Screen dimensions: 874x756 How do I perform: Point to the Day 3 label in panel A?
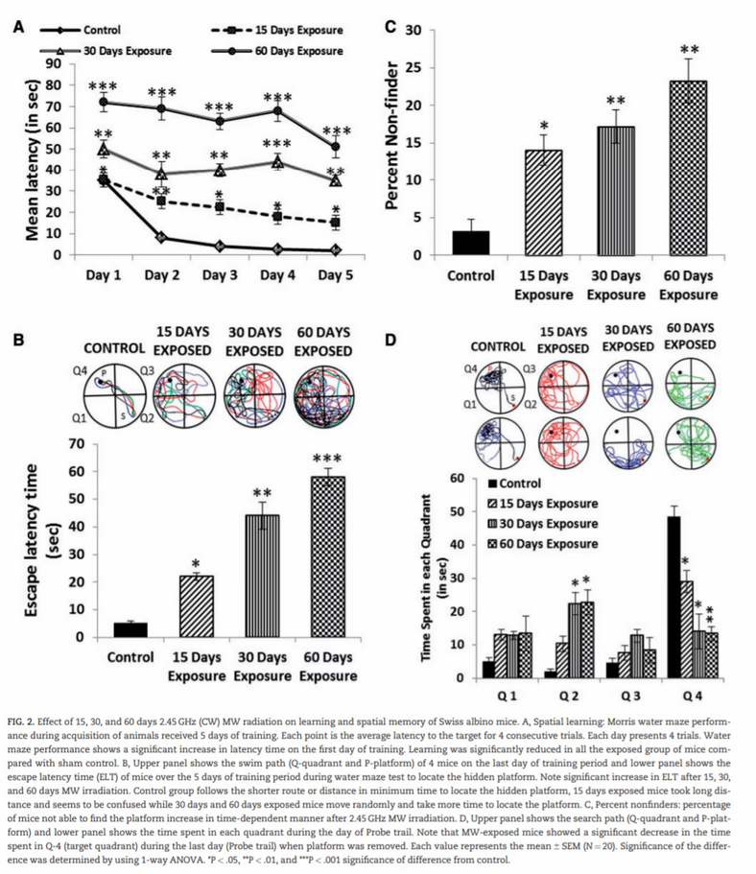220,275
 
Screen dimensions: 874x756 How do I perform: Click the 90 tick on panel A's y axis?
54,63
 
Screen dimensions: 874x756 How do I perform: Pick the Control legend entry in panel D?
521,484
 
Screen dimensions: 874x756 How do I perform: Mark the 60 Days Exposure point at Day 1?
104,101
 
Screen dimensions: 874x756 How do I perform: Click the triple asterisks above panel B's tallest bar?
327,459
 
